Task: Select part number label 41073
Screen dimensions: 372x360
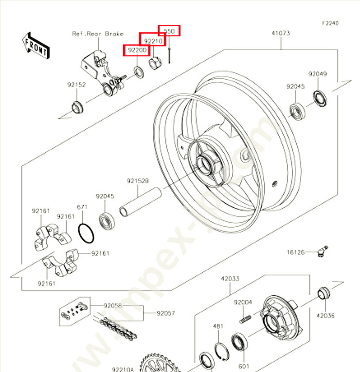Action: tap(281, 33)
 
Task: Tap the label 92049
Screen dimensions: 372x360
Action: tap(317, 74)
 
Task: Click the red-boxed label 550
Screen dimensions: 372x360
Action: tap(169, 31)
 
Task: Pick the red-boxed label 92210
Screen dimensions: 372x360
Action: tap(153, 41)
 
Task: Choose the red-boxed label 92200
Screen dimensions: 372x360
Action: tap(137, 50)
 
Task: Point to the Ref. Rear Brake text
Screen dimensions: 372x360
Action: tap(98, 34)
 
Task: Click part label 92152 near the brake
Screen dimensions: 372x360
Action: tap(76, 85)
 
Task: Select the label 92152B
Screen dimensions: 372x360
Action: tap(138, 181)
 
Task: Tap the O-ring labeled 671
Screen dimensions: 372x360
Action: tap(86, 233)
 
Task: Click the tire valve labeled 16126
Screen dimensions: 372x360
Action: tap(321, 250)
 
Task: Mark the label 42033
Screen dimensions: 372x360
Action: tap(230, 279)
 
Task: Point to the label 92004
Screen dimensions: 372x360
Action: tap(243, 302)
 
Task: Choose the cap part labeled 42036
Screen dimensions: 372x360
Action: tap(323, 293)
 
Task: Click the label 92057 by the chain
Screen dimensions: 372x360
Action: tap(165, 314)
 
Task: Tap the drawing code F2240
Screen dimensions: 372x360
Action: tap(329, 23)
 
